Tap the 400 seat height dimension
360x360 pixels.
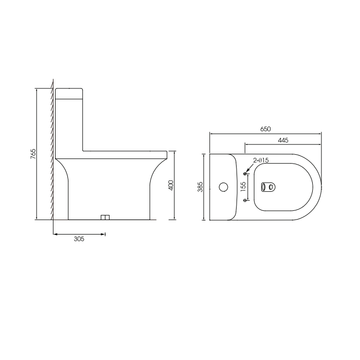tap(171, 185)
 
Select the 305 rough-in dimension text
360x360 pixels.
tap(79, 239)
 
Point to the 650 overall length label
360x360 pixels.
tap(265, 129)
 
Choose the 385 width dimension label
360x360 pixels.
tap(201, 186)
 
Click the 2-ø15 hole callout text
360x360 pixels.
tap(261, 160)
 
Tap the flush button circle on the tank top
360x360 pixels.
tap(223, 187)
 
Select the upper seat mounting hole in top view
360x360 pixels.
tap(245, 173)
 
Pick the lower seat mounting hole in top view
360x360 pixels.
tap(245, 200)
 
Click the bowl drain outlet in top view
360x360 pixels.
tap(268, 187)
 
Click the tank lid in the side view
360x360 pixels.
tap(69, 93)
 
